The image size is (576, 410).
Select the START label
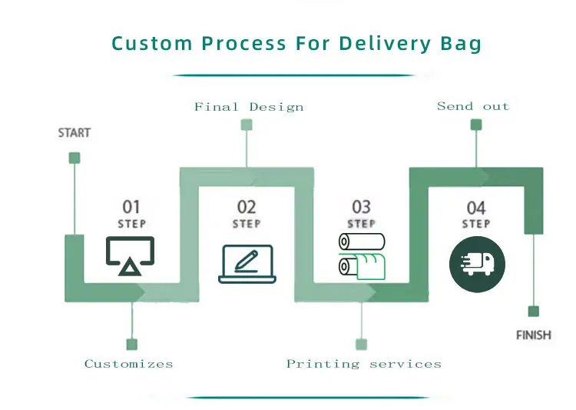pyautogui.click(x=74, y=133)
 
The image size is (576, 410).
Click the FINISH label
pyautogui.click(x=533, y=335)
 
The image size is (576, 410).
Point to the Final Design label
pyautogui.click(x=249, y=107)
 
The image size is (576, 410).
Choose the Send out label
pyautogui.click(x=473, y=106)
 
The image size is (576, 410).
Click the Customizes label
pyautogui.click(x=129, y=364)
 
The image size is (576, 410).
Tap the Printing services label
pyautogui.click(x=364, y=364)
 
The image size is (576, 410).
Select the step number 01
pyautogui.click(x=132, y=206)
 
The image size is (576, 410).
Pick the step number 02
pyautogui.click(x=247, y=206)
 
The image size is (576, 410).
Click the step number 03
pyautogui.click(x=361, y=206)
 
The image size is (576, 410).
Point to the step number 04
pyautogui.click(x=476, y=207)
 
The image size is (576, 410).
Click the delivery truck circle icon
pyautogui.click(x=477, y=265)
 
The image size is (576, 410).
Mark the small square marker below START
pyautogui.click(x=74, y=158)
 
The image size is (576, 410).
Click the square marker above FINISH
pyautogui.click(x=533, y=312)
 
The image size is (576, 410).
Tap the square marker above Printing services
pyautogui.click(x=361, y=345)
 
